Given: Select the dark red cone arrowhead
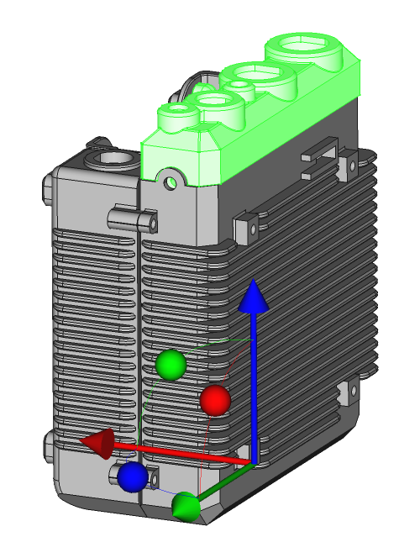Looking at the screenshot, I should (x=96, y=442).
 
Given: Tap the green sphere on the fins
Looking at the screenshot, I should (x=171, y=365).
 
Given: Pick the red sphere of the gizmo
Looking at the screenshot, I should (x=215, y=401).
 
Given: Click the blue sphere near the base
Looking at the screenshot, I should (x=133, y=476).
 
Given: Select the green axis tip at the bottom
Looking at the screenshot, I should (x=186, y=507).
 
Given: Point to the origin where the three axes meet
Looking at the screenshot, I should (x=251, y=461).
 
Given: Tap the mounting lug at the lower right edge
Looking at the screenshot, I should (x=344, y=395).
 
